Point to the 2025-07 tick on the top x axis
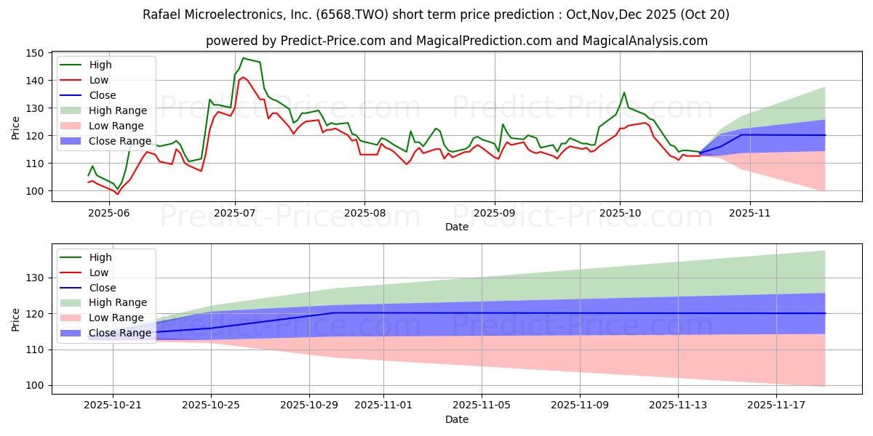pos(234,212)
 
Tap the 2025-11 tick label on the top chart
pos(749,212)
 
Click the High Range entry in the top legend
pos(117,110)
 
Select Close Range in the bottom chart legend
pos(120,333)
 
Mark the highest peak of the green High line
pos(243,58)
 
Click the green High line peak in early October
pos(623,92)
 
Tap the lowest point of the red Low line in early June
pos(118,194)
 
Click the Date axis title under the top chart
pos(456,227)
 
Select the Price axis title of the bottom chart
pos(16,319)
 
